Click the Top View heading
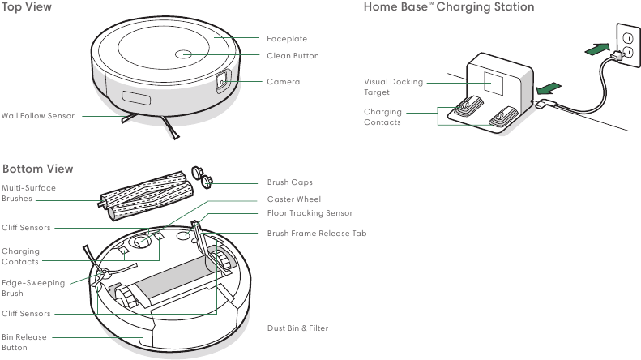28,7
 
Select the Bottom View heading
37,169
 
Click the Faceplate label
287,39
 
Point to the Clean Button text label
293,56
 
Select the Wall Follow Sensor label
38,116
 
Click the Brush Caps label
289,182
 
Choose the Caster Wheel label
294,199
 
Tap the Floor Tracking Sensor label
310,213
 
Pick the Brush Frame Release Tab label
317,233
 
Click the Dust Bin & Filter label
297,328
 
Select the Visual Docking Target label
393,87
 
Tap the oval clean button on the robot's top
183,54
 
